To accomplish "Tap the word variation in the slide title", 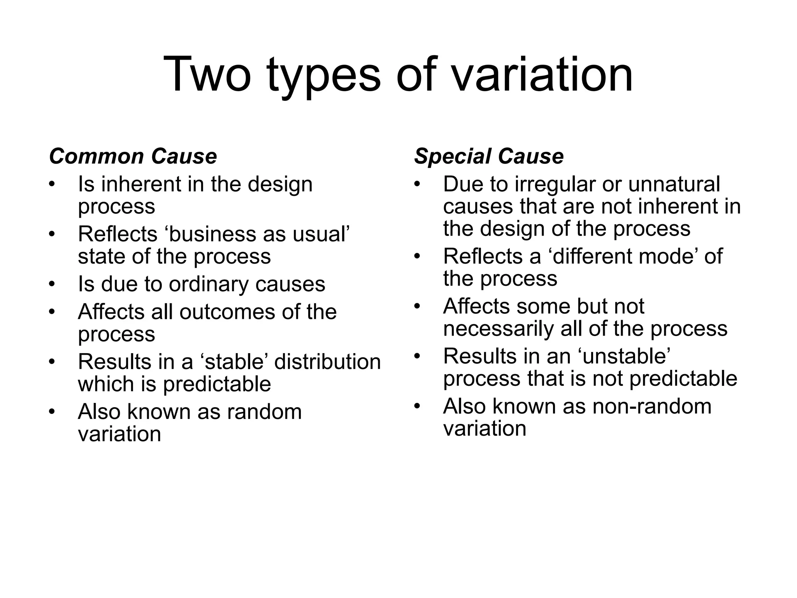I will point(542,74).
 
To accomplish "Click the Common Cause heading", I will point(133,157).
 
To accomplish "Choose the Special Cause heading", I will point(489,157).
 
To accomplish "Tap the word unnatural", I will point(674,185).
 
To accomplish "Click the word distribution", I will point(327,362).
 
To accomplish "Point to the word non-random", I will point(652,406).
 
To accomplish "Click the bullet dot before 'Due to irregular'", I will point(418,184).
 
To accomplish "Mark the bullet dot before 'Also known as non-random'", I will point(418,406).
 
